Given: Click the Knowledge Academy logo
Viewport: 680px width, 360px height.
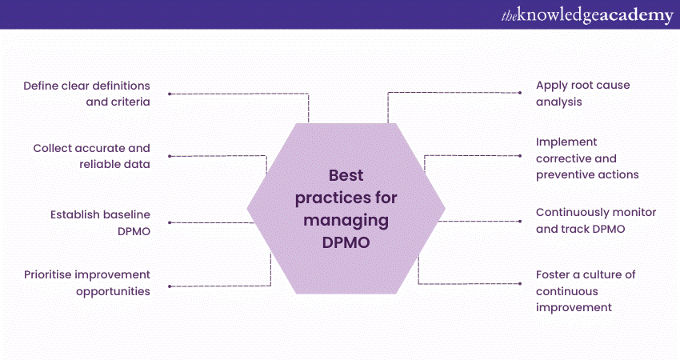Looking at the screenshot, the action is coord(587,16).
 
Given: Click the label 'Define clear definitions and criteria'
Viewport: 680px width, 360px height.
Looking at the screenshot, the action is coord(86,94).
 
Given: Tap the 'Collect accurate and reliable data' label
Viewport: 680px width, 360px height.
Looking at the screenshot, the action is coord(91,156).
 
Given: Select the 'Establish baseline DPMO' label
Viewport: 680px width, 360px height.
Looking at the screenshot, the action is coord(100,223).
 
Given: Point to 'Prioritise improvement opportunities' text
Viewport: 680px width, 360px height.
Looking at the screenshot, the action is coord(87,282).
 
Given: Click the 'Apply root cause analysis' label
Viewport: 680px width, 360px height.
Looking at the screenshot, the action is coord(583,94).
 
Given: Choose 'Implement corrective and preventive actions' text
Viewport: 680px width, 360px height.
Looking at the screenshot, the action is coord(587,158).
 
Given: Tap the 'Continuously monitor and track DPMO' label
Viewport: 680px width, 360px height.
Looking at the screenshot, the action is coord(596,221).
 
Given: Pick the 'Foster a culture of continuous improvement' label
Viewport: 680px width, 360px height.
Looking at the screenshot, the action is coord(586,291).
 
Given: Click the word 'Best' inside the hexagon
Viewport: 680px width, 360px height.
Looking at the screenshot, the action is coord(346,175).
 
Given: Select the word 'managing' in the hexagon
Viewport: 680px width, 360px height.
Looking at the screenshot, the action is coord(346,221).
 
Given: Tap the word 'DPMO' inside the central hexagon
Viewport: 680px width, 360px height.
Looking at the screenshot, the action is coord(346,242).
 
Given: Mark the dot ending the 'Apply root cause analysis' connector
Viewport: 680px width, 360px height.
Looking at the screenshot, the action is coord(520,93).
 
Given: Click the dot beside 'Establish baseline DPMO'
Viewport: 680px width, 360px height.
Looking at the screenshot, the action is coord(170,222).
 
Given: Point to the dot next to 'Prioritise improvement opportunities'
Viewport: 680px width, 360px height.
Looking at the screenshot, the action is coord(170,286).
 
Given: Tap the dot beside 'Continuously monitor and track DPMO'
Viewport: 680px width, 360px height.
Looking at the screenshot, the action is coord(520,222).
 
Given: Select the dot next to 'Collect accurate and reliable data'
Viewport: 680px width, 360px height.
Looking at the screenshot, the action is coord(170,156).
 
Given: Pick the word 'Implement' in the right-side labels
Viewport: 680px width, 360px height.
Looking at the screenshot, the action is coord(566,142).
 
